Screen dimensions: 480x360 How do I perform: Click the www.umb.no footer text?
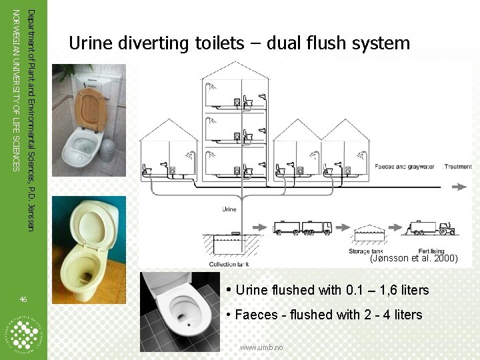261,347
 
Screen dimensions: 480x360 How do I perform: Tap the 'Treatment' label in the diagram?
459,167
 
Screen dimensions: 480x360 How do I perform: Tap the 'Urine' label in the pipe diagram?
229,209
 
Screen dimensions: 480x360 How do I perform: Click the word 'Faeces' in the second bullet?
257,315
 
